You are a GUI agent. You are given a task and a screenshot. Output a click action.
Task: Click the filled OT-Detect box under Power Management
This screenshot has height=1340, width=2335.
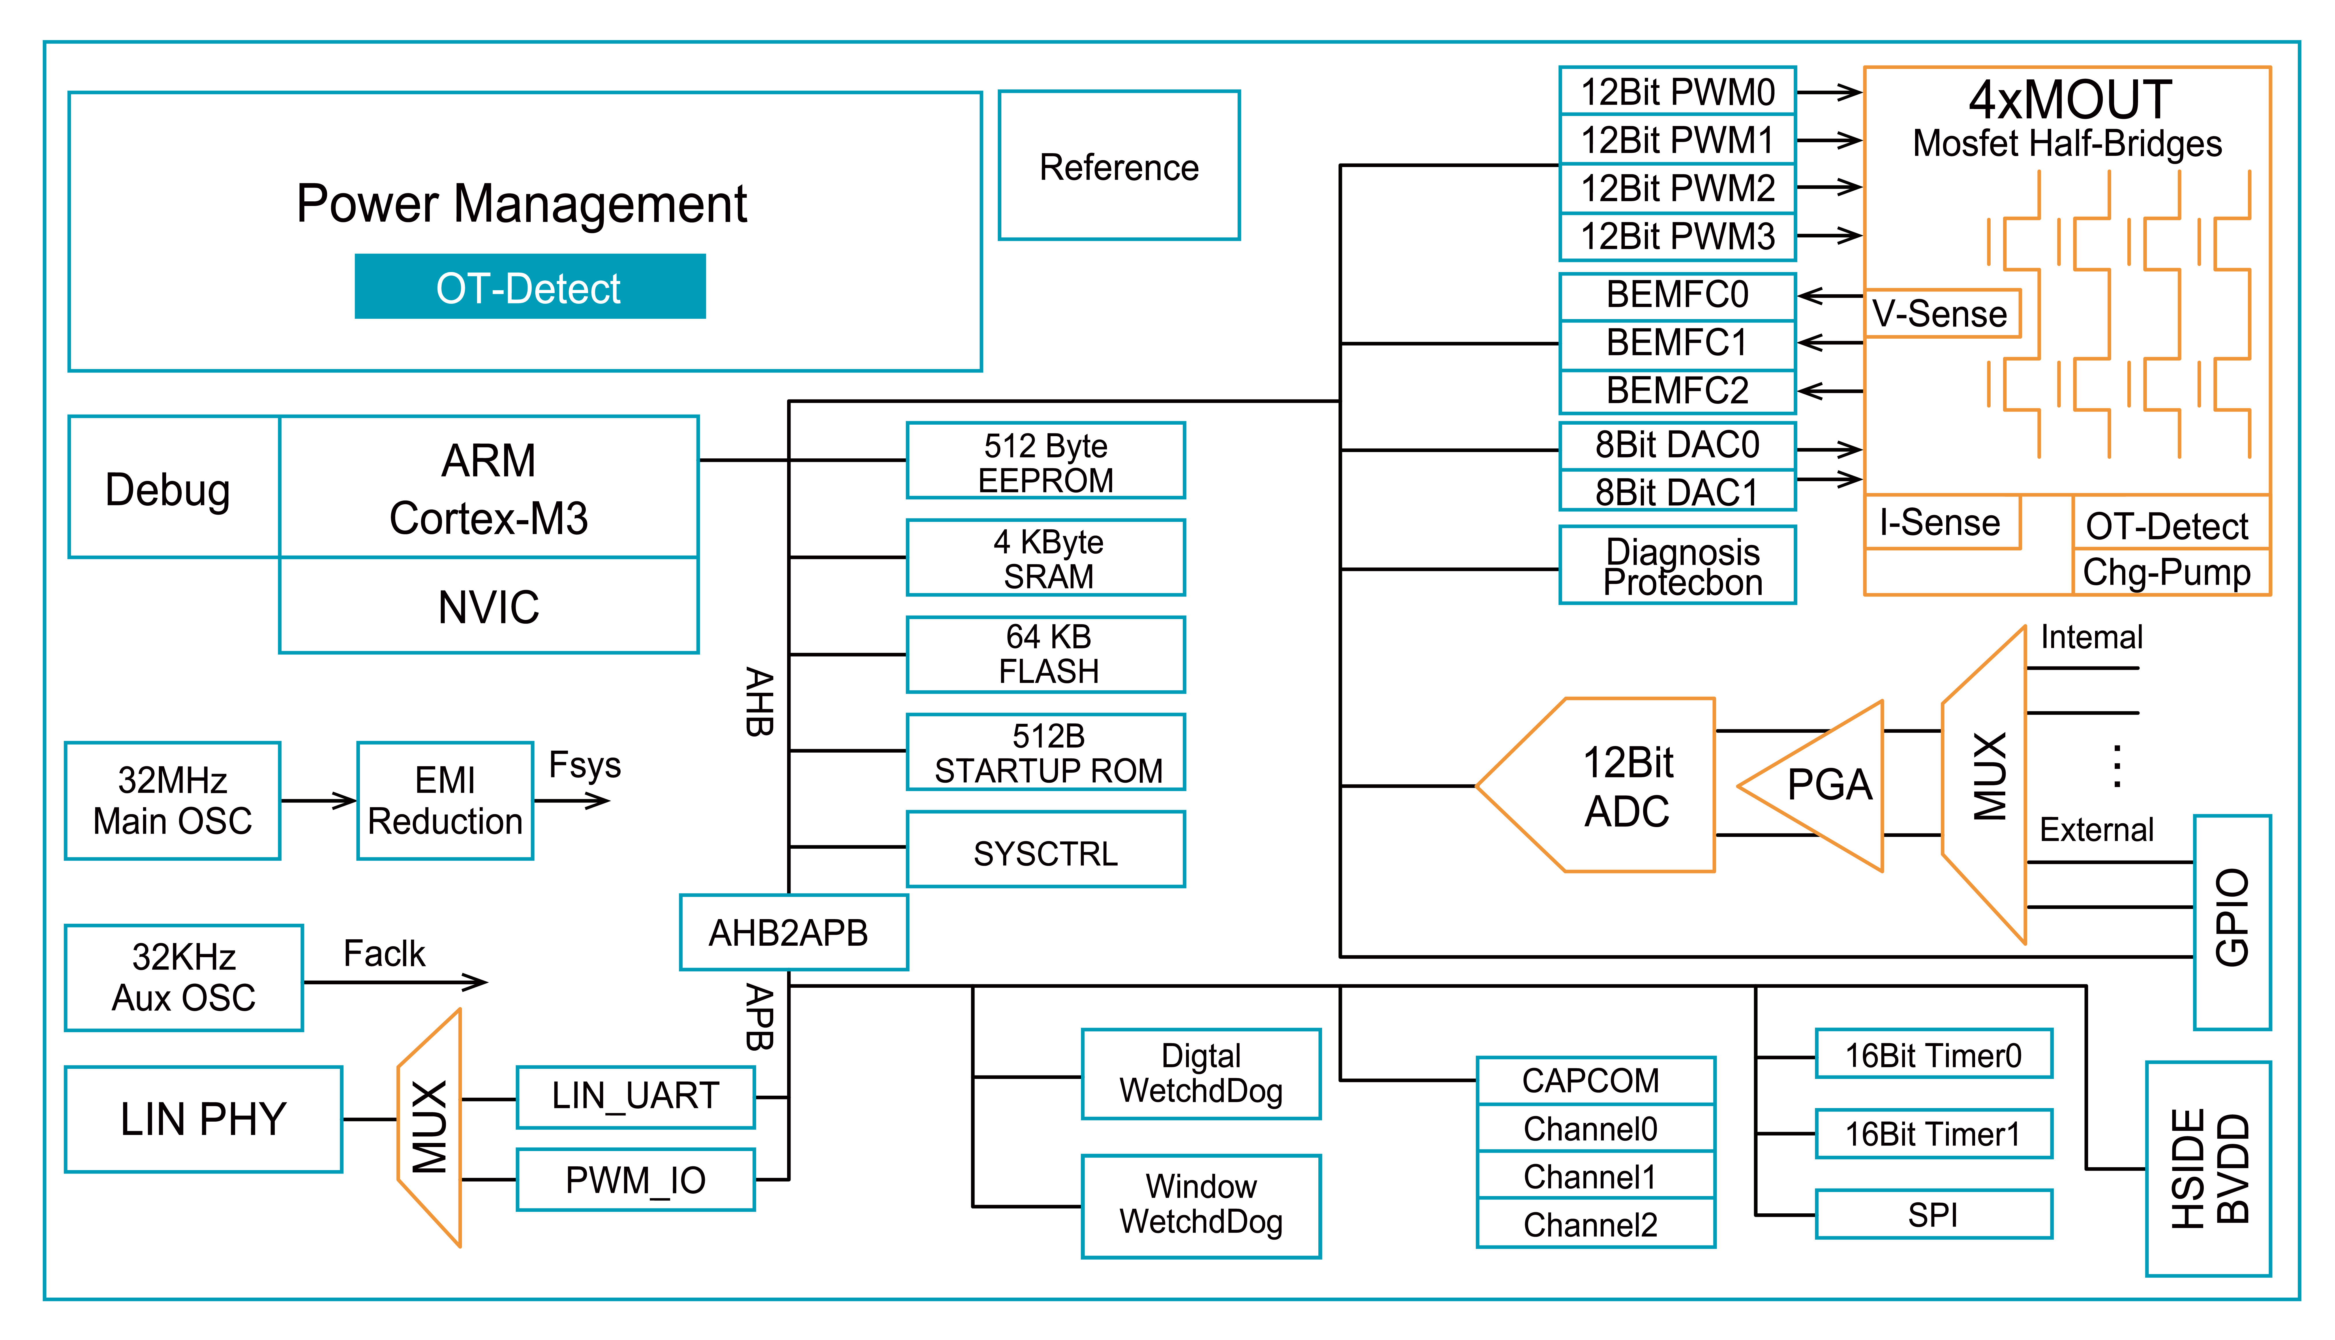coord(530,287)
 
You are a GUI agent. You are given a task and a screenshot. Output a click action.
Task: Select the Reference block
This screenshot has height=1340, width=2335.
coord(1119,166)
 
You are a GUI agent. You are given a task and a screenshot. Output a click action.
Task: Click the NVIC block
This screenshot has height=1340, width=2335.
coord(489,606)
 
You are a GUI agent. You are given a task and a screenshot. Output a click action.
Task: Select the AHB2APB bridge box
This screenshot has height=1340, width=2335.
coord(793,932)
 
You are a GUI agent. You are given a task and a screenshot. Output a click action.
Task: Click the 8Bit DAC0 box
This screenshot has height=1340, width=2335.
coord(1677,445)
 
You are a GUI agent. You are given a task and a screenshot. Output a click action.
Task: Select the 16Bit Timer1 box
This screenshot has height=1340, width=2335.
coord(1933,1134)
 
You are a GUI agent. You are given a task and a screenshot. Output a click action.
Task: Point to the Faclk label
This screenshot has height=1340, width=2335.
coord(384,953)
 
